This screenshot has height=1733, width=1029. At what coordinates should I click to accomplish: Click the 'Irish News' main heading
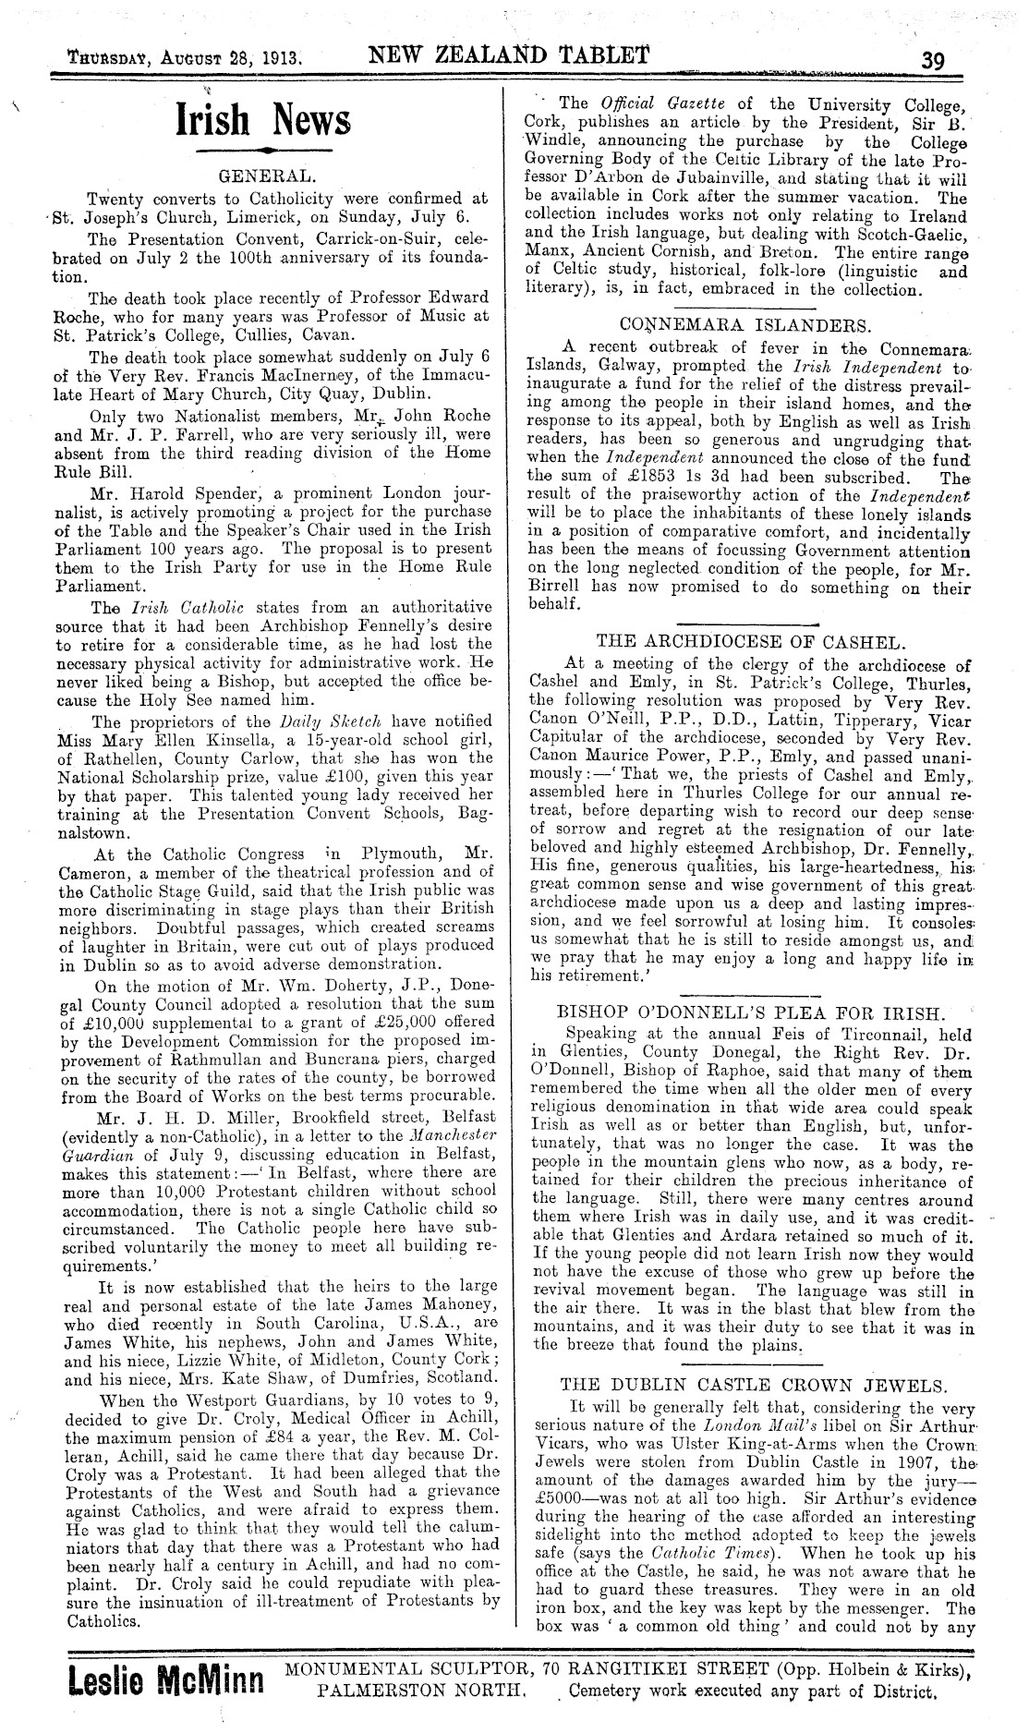tap(264, 120)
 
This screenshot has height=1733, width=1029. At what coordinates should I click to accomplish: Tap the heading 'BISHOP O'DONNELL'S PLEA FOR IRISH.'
tap(746, 1011)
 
